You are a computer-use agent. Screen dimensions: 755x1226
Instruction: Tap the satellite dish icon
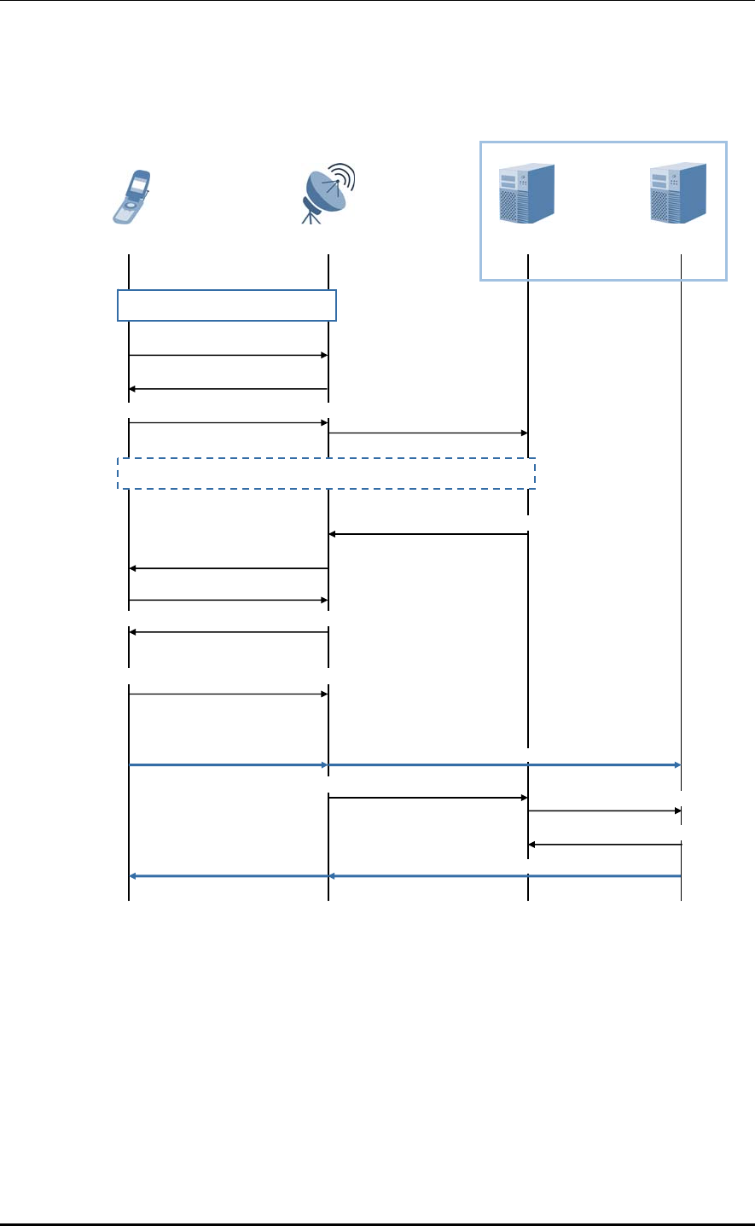[328, 193]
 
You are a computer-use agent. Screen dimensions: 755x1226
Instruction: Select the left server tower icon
[526, 194]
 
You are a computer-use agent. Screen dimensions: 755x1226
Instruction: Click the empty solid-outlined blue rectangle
[227, 305]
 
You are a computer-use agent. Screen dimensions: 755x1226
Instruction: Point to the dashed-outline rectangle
[326, 474]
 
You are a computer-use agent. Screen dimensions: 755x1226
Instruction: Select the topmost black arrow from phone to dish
[229, 355]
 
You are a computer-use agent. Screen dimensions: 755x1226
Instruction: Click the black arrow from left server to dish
[428, 534]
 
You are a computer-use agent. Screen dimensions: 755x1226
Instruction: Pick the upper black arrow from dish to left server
[428, 433]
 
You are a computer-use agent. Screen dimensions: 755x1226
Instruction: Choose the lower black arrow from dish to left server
[428, 798]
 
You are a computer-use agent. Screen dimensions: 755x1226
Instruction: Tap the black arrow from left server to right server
[604, 811]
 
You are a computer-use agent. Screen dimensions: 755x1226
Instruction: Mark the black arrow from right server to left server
[604, 845]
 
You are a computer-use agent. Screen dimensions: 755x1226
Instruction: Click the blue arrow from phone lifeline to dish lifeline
[229, 765]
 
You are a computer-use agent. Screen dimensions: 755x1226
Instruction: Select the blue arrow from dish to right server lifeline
[504, 765]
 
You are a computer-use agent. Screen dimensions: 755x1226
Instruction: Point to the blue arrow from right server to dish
[504, 875]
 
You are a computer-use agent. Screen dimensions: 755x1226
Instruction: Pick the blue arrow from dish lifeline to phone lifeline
[229, 875]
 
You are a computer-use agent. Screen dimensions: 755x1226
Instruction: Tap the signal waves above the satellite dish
[343, 175]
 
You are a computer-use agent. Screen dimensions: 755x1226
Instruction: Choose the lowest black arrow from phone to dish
[229, 694]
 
